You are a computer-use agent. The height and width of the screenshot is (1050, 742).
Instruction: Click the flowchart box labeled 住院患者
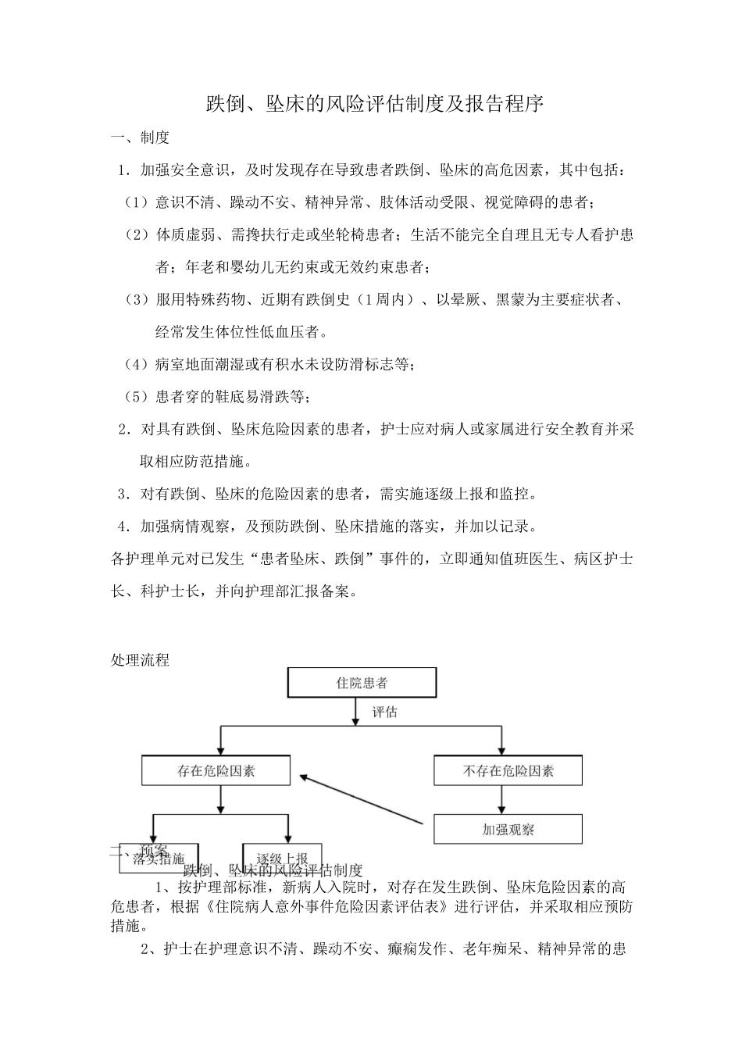point(362,683)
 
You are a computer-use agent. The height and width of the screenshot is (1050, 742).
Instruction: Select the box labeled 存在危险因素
point(216,771)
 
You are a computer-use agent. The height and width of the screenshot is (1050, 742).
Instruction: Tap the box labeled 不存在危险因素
point(508,771)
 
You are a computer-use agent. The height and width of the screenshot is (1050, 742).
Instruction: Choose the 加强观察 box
point(508,830)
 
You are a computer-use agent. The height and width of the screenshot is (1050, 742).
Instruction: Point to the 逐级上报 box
point(281,857)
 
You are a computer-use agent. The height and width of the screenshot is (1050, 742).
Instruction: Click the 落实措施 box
point(159,859)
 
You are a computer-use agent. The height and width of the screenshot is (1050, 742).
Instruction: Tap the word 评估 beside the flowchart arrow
point(383,712)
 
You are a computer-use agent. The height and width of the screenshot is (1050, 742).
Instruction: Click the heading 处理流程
point(140,660)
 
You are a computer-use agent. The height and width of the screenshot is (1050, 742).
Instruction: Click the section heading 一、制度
point(140,138)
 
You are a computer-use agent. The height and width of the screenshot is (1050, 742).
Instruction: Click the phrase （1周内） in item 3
point(385,300)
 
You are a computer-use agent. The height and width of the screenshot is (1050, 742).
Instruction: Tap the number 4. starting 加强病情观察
point(123,527)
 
